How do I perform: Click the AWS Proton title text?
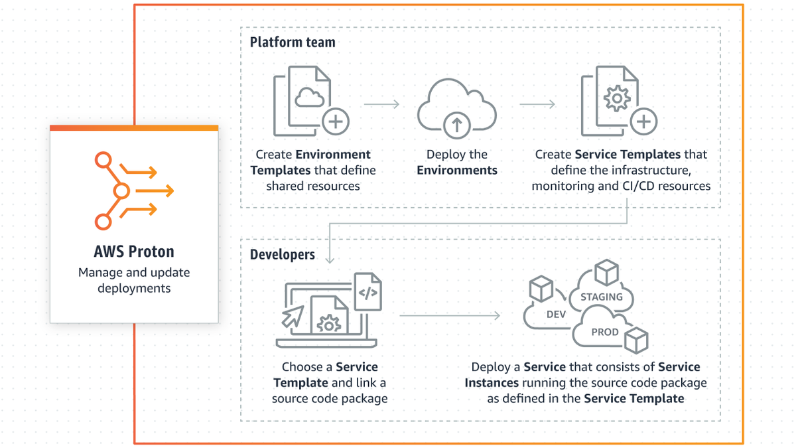click(x=134, y=252)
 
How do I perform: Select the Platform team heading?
click(x=293, y=42)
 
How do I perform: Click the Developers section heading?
click(x=282, y=255)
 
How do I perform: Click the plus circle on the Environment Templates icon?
click(x=336, y=122)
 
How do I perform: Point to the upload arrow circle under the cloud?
click(x=456, y=124)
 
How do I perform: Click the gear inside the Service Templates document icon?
click(x=617, y=99)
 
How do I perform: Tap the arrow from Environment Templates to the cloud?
click(x=381, y=104)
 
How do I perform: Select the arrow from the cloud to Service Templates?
click(x=537, y=104)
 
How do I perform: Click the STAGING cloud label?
click(x=602, y=297)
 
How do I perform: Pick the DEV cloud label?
click(x=556, y=314)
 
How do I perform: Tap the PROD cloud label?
click(x=604, y=332)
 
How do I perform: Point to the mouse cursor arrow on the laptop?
click(x=293, y=317)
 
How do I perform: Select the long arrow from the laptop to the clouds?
click(x=450, y=315)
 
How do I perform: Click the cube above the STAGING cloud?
click(x=606, y=272)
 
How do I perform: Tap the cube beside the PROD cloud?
click(x=637, y=340)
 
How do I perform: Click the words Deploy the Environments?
click(x=456, y=162)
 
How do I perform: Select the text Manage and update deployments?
click(x=134, y=280)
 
